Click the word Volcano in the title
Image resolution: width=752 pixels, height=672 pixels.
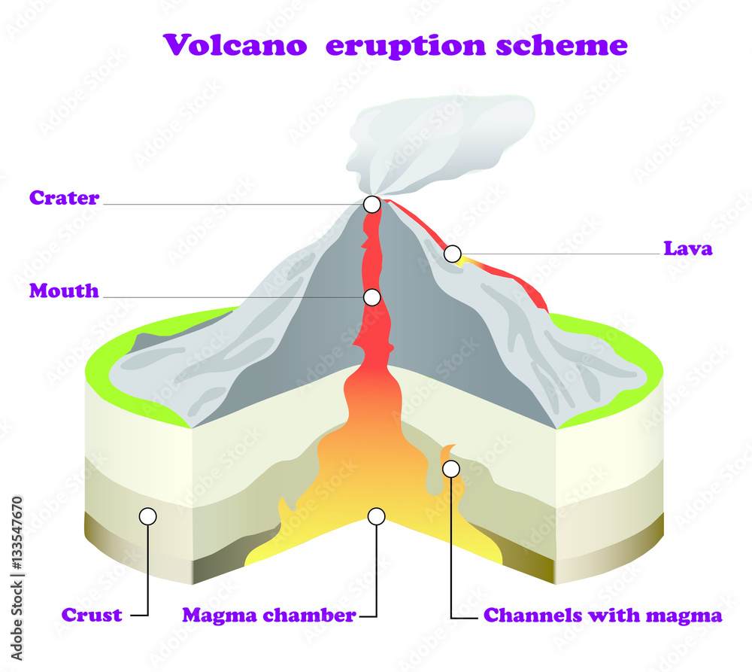(x=235, y=46)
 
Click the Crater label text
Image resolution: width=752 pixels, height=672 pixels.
(x=64, y=199)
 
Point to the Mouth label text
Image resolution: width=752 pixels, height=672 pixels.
(x=64, y=291)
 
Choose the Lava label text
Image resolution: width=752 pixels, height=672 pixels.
(x=687, y=248)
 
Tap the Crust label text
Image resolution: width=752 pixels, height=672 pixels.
(x=92, y=615)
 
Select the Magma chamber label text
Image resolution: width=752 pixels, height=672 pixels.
(x=268, y=615)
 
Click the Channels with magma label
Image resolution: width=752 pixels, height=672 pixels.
(x=602, y=615)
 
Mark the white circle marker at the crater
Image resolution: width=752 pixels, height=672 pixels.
(x=371, y=204)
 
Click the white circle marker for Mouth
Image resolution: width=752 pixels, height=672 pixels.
(x=371, y=297)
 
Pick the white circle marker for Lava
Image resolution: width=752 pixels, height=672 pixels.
(x=452, y=254)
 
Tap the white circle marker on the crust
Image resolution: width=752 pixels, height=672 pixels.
(x=148, y=516)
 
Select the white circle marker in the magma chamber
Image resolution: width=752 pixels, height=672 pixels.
(x=376, y=516)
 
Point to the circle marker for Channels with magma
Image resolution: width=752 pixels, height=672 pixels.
(x=450, y=469)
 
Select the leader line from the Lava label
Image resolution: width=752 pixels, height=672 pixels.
(x=556, y=254)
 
